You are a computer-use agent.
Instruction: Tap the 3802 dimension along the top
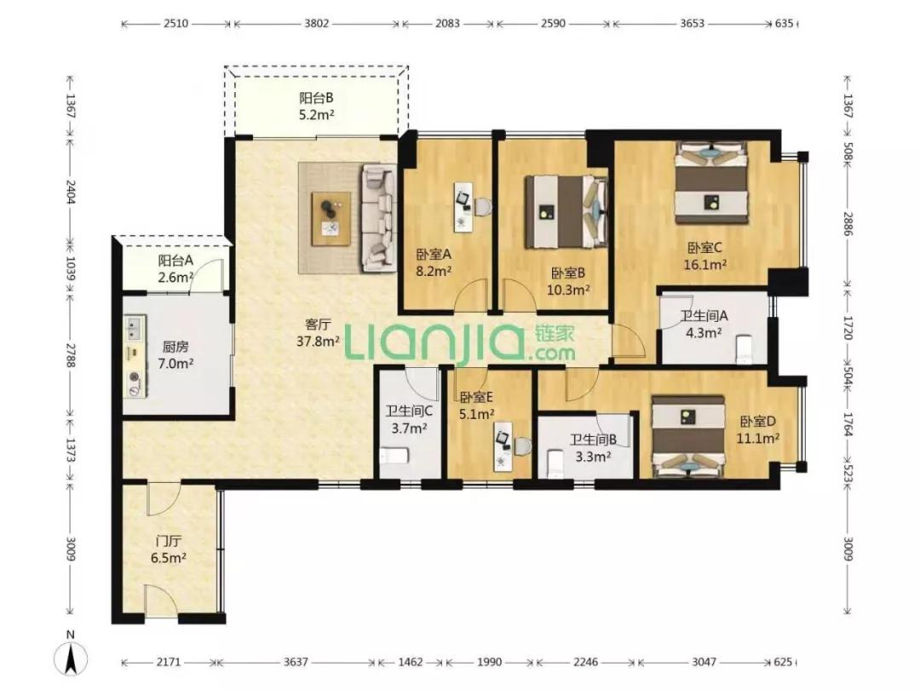coord(317,24)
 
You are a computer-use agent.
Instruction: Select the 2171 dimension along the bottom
coord(168,663)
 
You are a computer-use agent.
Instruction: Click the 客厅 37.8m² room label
coord(318,333)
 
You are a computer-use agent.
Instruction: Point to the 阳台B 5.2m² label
coord(316,106)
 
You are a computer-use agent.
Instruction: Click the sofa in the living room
coord(379,218)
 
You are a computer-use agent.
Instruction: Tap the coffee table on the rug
coord(331,218)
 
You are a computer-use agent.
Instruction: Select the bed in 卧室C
coord(711,182)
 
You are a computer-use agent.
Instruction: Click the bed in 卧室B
coord(566,211)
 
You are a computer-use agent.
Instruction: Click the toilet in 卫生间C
coord(394,456)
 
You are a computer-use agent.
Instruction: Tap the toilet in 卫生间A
coord(744,349)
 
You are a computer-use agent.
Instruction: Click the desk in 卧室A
coord(463,204)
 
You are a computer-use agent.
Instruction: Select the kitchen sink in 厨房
coord(135,328)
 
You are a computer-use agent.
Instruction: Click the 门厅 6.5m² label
coord(169,549)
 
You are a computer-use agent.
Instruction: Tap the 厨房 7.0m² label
coord(175,355)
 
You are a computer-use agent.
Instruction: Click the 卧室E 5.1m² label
coord(476,406)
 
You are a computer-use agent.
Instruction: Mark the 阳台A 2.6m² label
coord(175,268)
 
